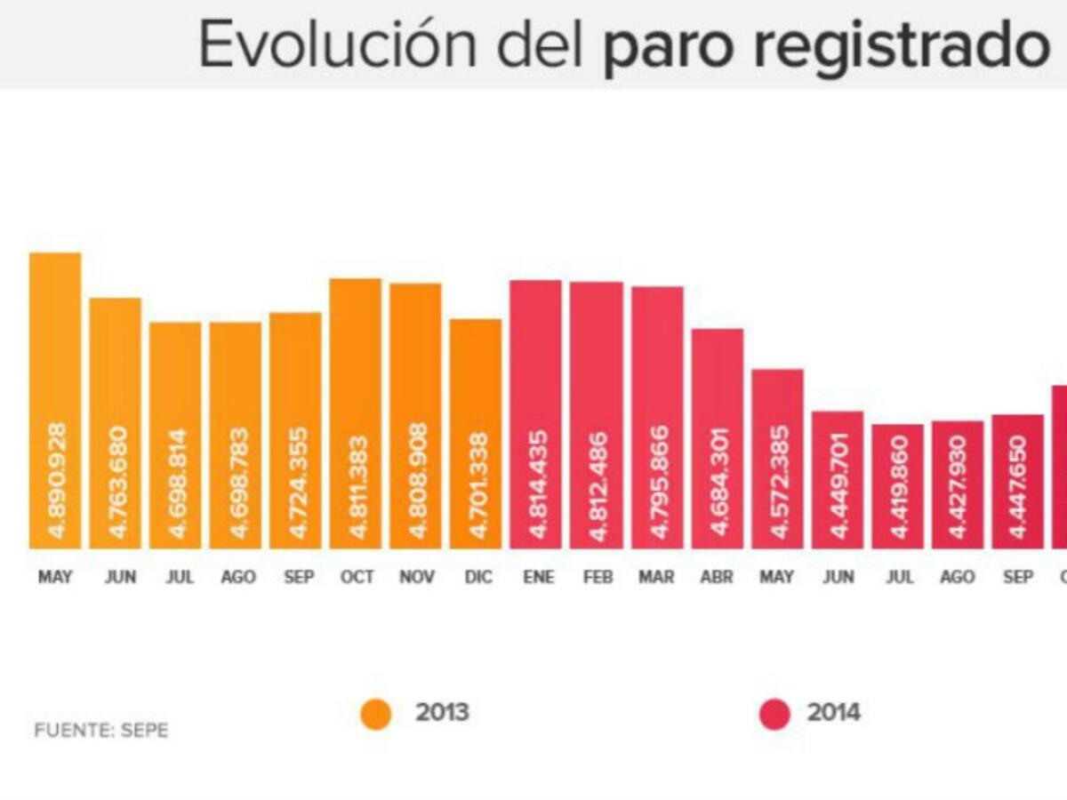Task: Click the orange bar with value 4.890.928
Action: [x=55, y=400]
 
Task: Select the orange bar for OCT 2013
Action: [x=356, y=413]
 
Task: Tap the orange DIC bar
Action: [x=476, y=434]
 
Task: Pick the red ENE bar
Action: [x=535, y=414]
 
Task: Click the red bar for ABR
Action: [x=718, y=438]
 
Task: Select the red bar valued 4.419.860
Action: [x=898, y=486]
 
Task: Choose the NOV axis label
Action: [x=416, y=578]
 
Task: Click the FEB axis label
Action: [x=598, y=578]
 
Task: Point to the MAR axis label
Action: [x=656, y=578]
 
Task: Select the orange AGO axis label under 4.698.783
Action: [x=237, y=578]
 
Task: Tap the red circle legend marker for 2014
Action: [x=774, y=714]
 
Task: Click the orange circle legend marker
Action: [x=376, y=714]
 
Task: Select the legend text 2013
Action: [x=442, y=713]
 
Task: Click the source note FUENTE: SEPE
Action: [x=101, y=731]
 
